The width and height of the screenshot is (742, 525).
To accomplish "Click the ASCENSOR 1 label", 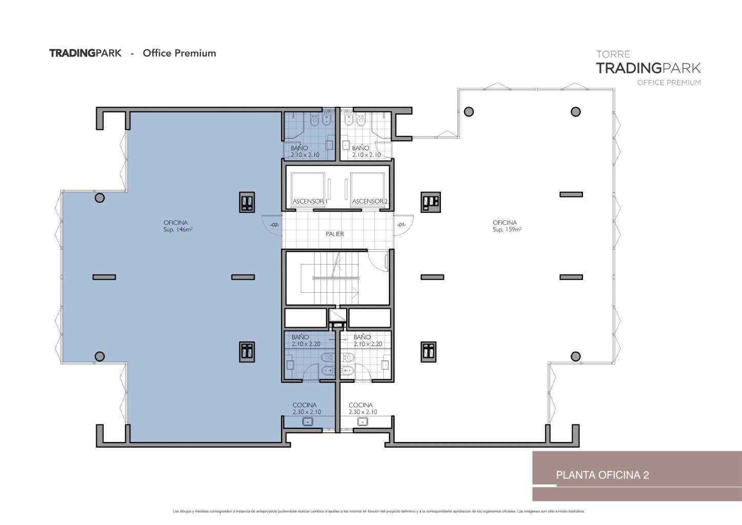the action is [x=310, y=201].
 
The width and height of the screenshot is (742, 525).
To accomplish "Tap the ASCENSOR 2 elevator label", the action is [x=370, y=201].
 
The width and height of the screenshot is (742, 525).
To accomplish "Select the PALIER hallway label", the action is [x=334, y=234].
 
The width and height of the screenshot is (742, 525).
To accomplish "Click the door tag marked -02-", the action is [x=274, y=225].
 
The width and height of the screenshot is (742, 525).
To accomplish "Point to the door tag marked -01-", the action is [x=401, y=225].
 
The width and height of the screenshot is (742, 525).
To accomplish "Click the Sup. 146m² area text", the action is [x=178, y=230].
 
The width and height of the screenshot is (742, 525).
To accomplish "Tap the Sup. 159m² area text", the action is [x=507, y=230].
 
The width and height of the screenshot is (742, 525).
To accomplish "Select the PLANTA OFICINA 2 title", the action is [x=602, y=475].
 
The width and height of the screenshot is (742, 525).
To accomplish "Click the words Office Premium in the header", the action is [x=179, y=53].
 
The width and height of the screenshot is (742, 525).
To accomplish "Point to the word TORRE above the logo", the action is [x=613, y=54].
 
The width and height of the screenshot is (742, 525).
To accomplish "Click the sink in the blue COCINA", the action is [x=308, y=421].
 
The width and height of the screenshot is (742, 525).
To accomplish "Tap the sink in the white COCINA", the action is [x=363, y=421].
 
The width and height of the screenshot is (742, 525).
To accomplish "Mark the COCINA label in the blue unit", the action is [x=305, y=405].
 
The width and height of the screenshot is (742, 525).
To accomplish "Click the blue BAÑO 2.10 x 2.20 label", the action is [x=306, y=340].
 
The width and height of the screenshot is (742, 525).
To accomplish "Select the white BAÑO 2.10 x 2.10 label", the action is [x=366, y=151].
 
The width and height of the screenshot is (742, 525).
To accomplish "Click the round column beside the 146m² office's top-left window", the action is [x=99, y=198].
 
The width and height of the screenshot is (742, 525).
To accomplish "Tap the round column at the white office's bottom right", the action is [x=576, y=356].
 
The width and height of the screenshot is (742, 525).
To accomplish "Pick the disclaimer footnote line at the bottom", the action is [x=378, y=512].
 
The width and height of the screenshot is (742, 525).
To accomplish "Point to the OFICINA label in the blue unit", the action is [x=175, y=223].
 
